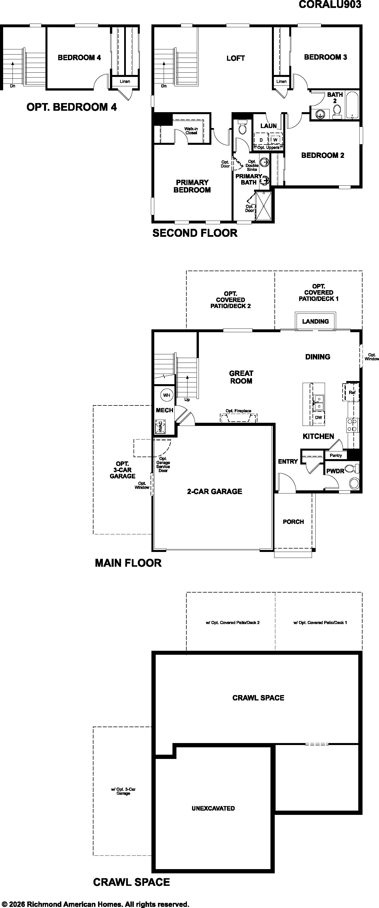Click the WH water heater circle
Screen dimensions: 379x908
[x=167, y=395]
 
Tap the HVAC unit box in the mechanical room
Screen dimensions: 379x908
[x=161, y=426]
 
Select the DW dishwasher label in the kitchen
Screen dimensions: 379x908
[x=318, y=418]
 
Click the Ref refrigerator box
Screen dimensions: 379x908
[x=351, y=392]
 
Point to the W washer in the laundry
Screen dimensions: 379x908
[x=275, y=140]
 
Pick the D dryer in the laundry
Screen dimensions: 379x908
[x=261, y=140]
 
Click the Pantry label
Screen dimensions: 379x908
[x=336, y=455]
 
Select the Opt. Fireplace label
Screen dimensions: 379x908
[x=238, y=411]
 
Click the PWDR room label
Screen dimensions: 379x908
[x=335, y=471]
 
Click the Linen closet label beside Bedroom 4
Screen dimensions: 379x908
[x=125, y=81]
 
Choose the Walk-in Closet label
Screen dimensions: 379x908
[x=191, y=131]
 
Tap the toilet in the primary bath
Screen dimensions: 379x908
[x=243, y=127]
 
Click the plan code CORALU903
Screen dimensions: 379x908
[x=330, y=4]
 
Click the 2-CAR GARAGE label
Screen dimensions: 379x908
[x=214, y=491]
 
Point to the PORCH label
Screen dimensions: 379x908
[x=293, y=522]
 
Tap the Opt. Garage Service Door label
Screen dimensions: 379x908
[x=163, y=465]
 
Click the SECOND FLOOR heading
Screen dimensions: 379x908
[x=195, y=233]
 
